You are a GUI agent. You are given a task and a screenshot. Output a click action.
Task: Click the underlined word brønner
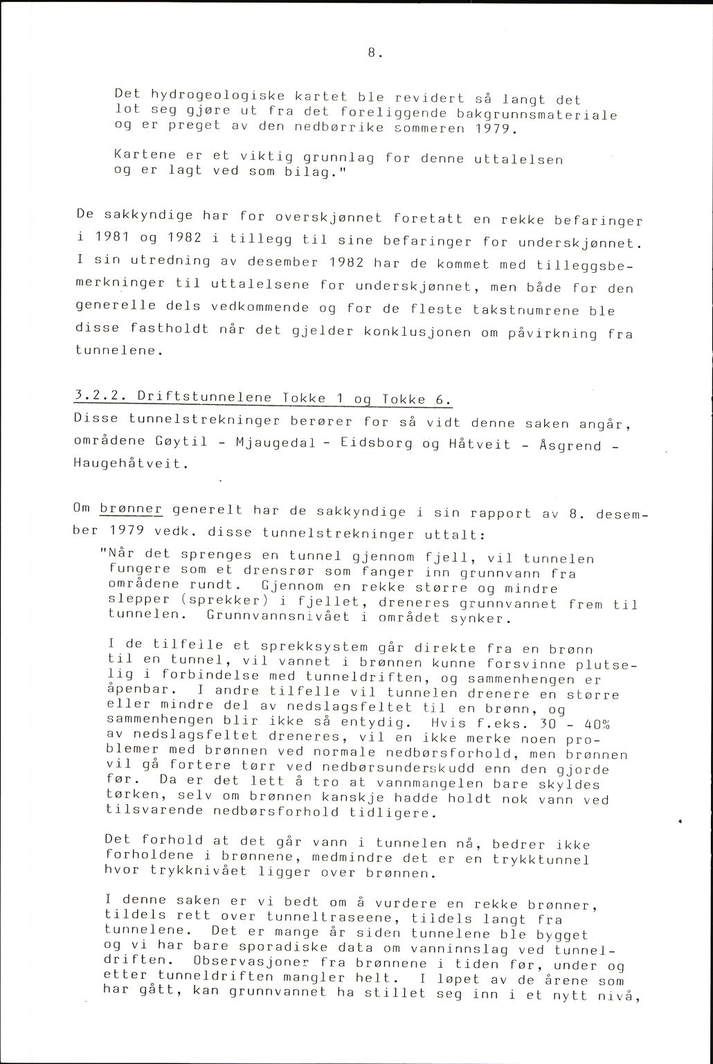pyautogui.click(x=131, y=510)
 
